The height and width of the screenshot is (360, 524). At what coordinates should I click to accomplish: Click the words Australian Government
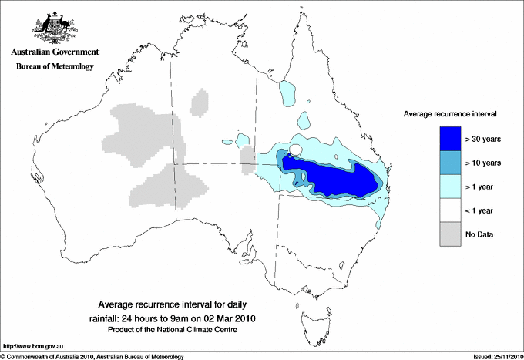tap(55, 52)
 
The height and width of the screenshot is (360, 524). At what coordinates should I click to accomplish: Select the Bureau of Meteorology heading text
tap(55, 67)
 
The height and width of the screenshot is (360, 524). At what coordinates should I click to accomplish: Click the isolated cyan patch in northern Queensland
tap(287, 92)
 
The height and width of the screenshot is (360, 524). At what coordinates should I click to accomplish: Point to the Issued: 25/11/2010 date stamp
tap(493, 356)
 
